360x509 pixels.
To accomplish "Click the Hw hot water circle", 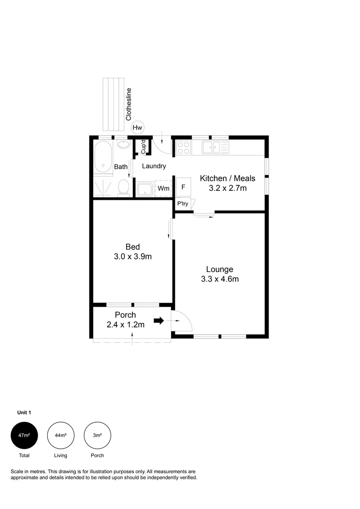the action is (137, 128).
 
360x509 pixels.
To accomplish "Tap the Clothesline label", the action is (129, 104).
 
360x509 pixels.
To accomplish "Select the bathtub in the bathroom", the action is (103, 157).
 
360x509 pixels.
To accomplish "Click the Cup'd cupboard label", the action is (143, 147).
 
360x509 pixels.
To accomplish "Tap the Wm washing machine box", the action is (164, 188).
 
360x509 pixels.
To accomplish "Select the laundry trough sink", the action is (145, 189).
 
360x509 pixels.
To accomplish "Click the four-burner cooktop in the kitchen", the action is (183, 148).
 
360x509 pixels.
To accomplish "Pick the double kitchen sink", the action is (215, 147).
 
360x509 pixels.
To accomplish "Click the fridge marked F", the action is (183, 187).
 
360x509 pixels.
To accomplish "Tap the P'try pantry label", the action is (182, 204).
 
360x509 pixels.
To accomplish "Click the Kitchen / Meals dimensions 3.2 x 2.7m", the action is (228, 188).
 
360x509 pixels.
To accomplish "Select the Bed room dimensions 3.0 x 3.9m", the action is (133, 256).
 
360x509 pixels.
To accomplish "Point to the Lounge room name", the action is (220, 270).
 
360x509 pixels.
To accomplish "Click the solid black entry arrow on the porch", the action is (159, 321).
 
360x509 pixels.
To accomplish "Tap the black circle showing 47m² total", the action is (25, 435).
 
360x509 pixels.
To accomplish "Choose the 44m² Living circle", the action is (61, 435).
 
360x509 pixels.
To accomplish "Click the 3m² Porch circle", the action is (98, 435).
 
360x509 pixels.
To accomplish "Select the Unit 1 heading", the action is (24, 412).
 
